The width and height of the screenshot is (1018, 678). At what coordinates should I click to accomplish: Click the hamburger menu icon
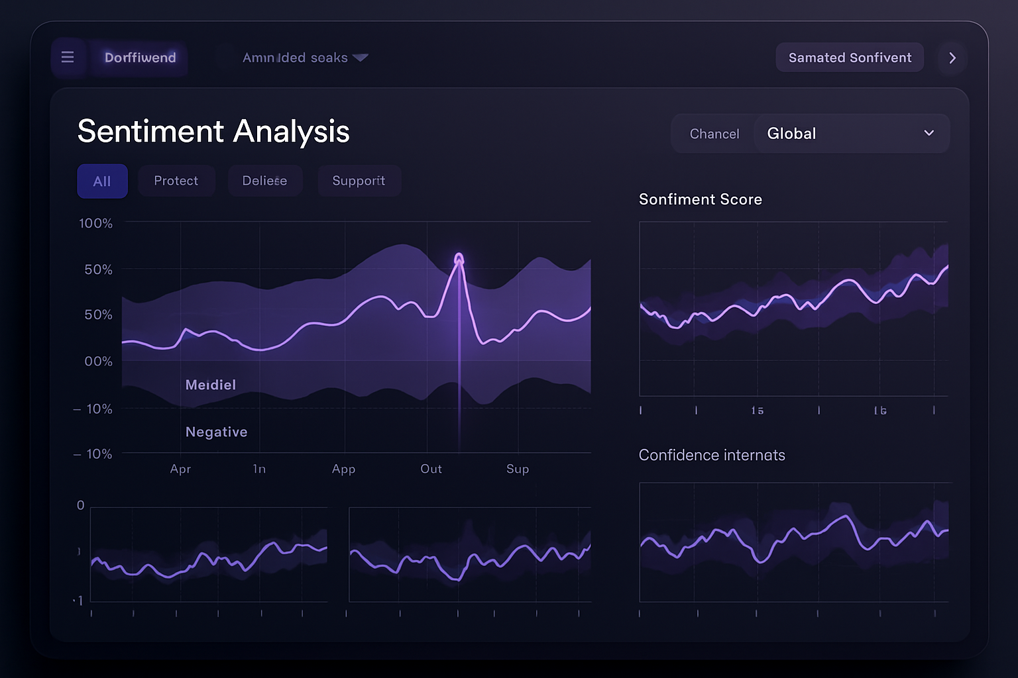[x=68, y=58]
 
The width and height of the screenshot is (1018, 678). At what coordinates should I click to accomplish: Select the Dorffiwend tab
[x=140, y=58]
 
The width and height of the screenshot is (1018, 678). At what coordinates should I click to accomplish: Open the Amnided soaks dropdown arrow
[x=361, y=58]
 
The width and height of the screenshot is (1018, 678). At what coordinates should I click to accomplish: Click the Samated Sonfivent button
[x=850, y=58]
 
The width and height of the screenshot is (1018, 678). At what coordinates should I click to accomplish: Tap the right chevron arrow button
[x=952, y=58]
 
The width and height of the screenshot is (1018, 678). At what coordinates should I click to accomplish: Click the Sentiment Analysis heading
[x=213, y=131]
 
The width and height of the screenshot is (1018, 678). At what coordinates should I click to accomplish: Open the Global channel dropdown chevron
[x=929, y=133]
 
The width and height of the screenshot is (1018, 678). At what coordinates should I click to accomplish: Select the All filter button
[x=102, y=181]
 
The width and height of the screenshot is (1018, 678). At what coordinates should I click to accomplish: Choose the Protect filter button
[x=176, y=181]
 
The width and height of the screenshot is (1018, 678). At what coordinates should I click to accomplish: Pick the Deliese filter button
[x=264, y=181]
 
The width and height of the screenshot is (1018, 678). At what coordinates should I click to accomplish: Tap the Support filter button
[x=359, y=181]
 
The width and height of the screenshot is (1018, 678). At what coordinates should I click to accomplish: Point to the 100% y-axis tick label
[x=95, y=223]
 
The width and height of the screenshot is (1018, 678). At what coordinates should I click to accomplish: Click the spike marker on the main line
[x=459, y=258]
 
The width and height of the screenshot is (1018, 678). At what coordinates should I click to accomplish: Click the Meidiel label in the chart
[x=211, y=385]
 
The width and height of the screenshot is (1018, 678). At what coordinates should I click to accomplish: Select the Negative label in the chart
[x=216, y=432]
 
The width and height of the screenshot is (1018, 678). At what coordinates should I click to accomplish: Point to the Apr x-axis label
[x=180, y=469]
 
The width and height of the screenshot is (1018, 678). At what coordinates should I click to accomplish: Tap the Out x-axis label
[x=431, y=469]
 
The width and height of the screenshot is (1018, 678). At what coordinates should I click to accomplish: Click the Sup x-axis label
[x=518, y=469]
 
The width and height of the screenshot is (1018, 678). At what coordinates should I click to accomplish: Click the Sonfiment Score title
[x=700, y=199]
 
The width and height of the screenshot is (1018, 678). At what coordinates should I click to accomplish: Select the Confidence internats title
[x=712, y=455]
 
